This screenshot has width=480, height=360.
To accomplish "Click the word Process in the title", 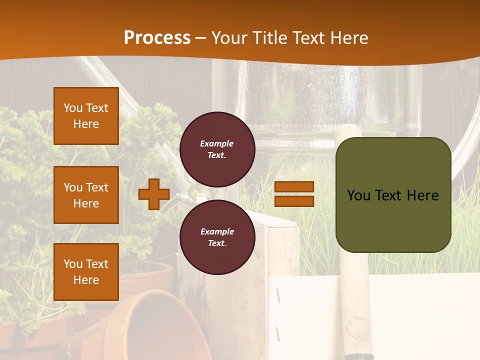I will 157,38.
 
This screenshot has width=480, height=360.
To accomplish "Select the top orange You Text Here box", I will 86,116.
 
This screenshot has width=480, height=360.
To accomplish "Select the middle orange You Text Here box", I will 86,195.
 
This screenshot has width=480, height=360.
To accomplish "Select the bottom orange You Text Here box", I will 86,271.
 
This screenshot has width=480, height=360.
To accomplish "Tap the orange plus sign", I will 154,194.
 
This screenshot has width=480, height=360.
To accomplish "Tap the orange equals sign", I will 294,194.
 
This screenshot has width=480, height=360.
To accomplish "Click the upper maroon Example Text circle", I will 217,149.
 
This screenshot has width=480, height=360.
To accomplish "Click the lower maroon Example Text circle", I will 217,237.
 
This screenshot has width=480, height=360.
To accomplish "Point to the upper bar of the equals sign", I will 294,187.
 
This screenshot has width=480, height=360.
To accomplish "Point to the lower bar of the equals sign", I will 294,201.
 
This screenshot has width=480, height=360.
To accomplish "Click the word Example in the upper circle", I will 217,144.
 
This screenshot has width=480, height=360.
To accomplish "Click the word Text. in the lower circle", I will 217,243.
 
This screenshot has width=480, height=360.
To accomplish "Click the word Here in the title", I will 348,38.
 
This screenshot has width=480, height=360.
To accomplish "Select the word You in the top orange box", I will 72,108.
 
